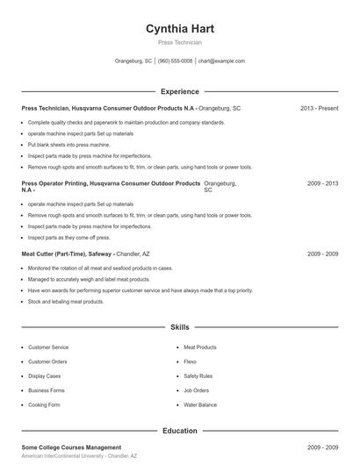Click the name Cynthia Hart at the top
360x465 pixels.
click(x=179, y=28)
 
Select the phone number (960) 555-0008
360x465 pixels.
click(x=175, y=61)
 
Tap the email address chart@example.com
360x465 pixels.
click(x=221, y=61)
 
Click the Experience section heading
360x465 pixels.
click(x=179, y=91)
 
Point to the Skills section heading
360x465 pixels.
click(x=179, y=327)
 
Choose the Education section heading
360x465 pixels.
click(x=179, y=431)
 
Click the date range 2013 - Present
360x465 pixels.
click(x=319, y=108)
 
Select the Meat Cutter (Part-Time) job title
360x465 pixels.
click(x=67, y=254)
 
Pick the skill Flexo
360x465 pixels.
click(x=191, y=361)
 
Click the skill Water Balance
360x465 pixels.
click(x=200, y=404)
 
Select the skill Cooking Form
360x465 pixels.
click(x=44, y=404)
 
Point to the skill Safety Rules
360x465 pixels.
click(x=198, y=376)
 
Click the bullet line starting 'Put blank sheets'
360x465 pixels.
click(x=68, y=144)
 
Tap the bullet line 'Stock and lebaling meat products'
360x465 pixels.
click(x=66, y=302)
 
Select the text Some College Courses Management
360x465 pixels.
click(x=71, y=447)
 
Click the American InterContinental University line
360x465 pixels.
click(x=79, y=457)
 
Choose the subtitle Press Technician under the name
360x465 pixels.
click(x=179, y=42)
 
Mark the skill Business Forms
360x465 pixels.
click(x=47, y=390)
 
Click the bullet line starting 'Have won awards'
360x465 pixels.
click(x=140, y=290)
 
